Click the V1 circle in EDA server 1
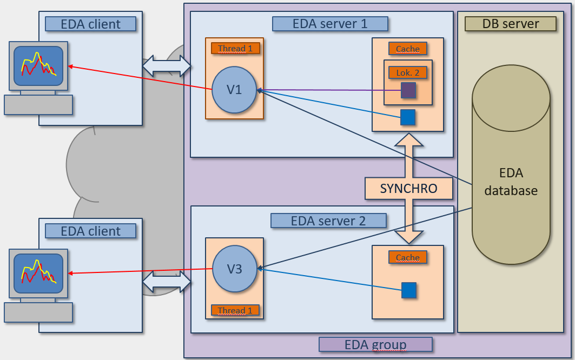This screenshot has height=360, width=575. pos(234,90)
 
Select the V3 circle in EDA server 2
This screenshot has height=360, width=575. pos(234,268)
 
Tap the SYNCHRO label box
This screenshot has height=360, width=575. pos(408,188)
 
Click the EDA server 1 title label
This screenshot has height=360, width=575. pos(330,24)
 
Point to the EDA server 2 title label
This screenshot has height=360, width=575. pos(328,221)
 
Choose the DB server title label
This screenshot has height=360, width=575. pos(511,24)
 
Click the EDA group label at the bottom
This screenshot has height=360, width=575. pos(375,344)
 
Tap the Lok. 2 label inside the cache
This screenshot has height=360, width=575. pos(407,72)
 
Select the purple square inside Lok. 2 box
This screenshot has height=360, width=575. pos(408,90)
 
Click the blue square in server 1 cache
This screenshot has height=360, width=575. pos(408,117)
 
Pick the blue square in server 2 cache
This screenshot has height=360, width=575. pos(409,290)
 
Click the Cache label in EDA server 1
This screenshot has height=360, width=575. pos(408,49)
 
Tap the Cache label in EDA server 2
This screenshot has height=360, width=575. pos(408,257)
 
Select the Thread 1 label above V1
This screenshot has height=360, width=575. pos(235,48)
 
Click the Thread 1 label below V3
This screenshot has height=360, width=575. pos(235,310)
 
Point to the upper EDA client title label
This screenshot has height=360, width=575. pos(90,24)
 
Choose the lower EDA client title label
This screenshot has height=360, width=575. pos(90,231)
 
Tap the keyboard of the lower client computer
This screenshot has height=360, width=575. pos(38,312)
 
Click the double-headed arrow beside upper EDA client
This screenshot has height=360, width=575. pos(167,66)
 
